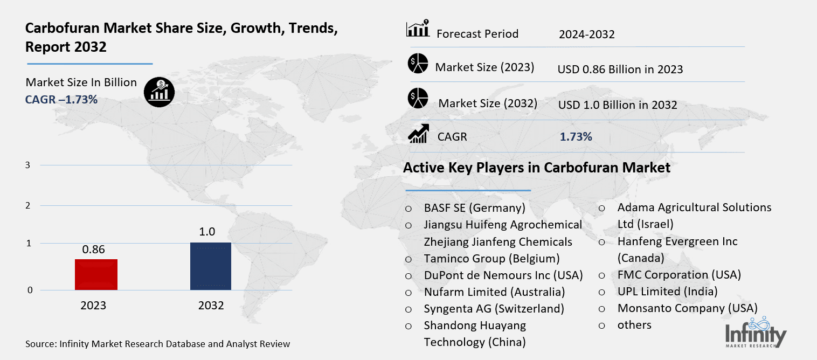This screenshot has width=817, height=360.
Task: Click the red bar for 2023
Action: coord(96,274)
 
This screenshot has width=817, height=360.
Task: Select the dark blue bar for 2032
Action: coord(211,266)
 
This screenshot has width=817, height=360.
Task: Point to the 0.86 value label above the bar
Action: coord(93,250)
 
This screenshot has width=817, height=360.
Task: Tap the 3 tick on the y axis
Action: coord(28,165)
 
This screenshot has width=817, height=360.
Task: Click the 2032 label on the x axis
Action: coord(211,306)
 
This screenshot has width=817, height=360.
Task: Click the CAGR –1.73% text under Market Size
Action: coord(61,99)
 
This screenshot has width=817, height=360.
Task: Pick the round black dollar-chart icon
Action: coord(159,92)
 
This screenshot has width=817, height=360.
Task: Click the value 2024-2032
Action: coord(586,34)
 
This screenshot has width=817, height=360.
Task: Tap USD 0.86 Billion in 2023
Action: coord(620,69)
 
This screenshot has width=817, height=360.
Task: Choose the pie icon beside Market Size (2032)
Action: coord(418,99)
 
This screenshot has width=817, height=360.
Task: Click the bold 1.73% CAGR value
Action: coord(576,137)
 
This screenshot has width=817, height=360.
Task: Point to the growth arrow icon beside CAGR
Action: coord(418,134)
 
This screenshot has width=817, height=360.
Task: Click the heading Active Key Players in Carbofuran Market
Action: coord(536,168)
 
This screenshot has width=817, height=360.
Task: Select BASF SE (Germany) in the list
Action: coord(474,207)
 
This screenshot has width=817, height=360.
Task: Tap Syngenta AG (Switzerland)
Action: coord(494,309)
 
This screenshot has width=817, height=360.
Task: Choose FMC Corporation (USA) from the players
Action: coord(679,274)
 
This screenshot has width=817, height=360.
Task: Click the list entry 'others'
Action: coord(634,325)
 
